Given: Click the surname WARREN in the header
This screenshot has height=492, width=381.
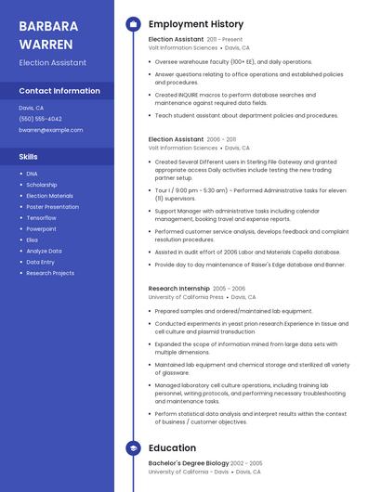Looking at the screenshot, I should [42, 43].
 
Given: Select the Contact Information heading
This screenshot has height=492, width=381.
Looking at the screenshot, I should [59, 91].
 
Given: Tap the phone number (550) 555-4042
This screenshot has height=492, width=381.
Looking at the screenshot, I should [40, 119].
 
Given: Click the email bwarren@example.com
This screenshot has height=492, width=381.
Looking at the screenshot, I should [50, 130].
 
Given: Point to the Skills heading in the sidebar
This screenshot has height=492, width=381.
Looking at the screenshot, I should [28, 157].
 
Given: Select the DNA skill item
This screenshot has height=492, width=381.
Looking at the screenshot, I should [32, 174].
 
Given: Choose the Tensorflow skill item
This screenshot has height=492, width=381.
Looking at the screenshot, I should [41, 217].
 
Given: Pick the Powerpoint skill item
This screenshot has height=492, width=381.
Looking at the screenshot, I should [41, 228].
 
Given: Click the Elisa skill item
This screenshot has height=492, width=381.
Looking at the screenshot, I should [33, 240].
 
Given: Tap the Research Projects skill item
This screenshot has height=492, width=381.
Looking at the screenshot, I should [50, 273].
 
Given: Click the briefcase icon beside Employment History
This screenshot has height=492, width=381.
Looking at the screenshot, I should [132, 23].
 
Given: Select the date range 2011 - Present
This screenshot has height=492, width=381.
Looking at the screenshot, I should [224, 40].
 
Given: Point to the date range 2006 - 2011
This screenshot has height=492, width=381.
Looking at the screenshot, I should [221, 139].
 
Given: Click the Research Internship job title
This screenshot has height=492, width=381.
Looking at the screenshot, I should [178, 289].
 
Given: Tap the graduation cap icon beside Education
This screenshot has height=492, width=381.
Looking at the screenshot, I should [132, 448].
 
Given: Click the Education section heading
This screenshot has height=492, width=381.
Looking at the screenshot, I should [172, 448].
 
